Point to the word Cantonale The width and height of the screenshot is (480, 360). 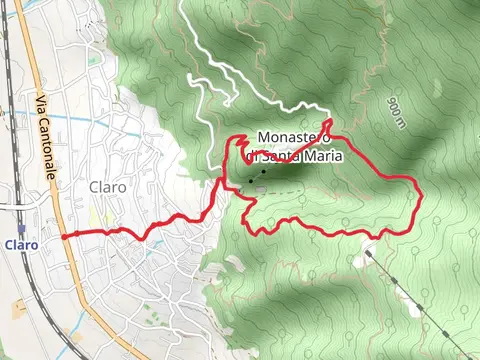click(48, 153)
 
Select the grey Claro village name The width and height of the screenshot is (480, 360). click(107, 187)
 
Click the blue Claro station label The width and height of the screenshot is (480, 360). click(20, 244)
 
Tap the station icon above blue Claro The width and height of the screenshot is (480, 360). click(20, 229)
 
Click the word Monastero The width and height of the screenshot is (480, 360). click(294, 137)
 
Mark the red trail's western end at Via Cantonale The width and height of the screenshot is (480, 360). click(63, 236)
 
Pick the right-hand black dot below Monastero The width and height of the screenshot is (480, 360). click(264, 172)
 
